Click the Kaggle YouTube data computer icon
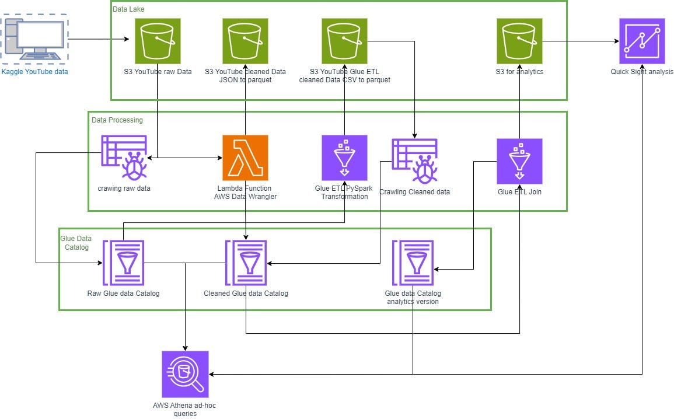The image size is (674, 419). pos(34,40)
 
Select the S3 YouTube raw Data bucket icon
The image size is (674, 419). pos(158,40)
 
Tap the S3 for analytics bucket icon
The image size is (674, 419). pos(519,40)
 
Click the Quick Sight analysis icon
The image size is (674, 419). pos(642,40)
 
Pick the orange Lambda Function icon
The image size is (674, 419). pos(245,158)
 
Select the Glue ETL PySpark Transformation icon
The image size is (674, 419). pos(344,158)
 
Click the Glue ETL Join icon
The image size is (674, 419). pos(519,161)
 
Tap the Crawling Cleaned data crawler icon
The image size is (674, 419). pos(415,161)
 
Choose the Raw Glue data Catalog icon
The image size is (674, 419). pos(123,263)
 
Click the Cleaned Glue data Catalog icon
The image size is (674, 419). pos(246,263)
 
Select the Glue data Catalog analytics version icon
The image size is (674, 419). pos(413,263)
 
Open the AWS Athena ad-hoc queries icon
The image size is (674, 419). pos(185,373)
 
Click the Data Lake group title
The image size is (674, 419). pos(128,9)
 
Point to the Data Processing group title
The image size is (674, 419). pos(117,120)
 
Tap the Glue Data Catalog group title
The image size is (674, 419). pos(74,243)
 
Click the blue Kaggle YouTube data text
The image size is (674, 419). pos(34,72)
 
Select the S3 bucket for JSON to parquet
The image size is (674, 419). pos(245,40)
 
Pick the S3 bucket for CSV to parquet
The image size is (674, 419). pos(344,40)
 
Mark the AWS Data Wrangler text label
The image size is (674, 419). pos(245,197)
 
